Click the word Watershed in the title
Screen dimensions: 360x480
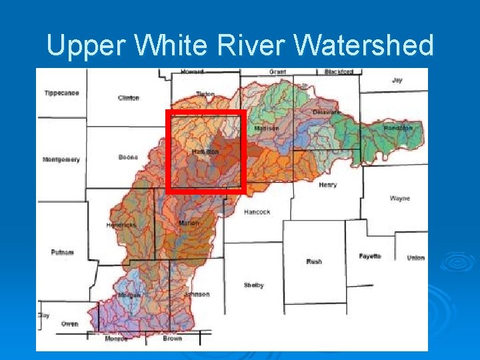pyautogui.click(x=363, y=46)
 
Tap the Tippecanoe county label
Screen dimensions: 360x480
pyautogui.click(x=62, y=93)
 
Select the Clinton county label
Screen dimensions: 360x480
pyautogui.click(x=129, y=98)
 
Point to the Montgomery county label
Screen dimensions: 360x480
pyautogui.click(x=61, y=159)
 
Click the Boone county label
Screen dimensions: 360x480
pyautogui.click(x=128, y=157)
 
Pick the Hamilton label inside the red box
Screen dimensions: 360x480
pyautogui.click(x=205, y=152)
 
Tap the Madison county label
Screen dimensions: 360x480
pyautogui.click(x=267, y=128)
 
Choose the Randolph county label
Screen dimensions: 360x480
pyautogui.click(x=397, y=128)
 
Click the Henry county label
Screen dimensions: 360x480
pyautogui.click(x=327, y=185)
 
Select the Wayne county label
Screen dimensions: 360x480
pyautogui.click(x=400, y=199)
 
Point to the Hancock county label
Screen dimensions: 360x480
pyautogui.click(x=257, y=212)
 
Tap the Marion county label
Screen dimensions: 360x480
pyautogui.click(x=189, y=223)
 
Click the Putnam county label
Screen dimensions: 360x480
pyautogui.click(x=62, y=252)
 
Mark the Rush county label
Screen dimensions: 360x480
pyautogui.click(x=314, y=261)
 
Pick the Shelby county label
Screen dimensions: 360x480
pyautogui.click(x=253, y=285)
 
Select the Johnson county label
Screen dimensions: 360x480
pyautogui.click(x=197, y=294)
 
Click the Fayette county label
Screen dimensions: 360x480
pyautogui.click(x=369, y=257)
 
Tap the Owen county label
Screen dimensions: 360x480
pyautogui.click(x=69, y=324)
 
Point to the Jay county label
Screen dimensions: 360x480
pyautogui.click(x=397, y=80)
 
